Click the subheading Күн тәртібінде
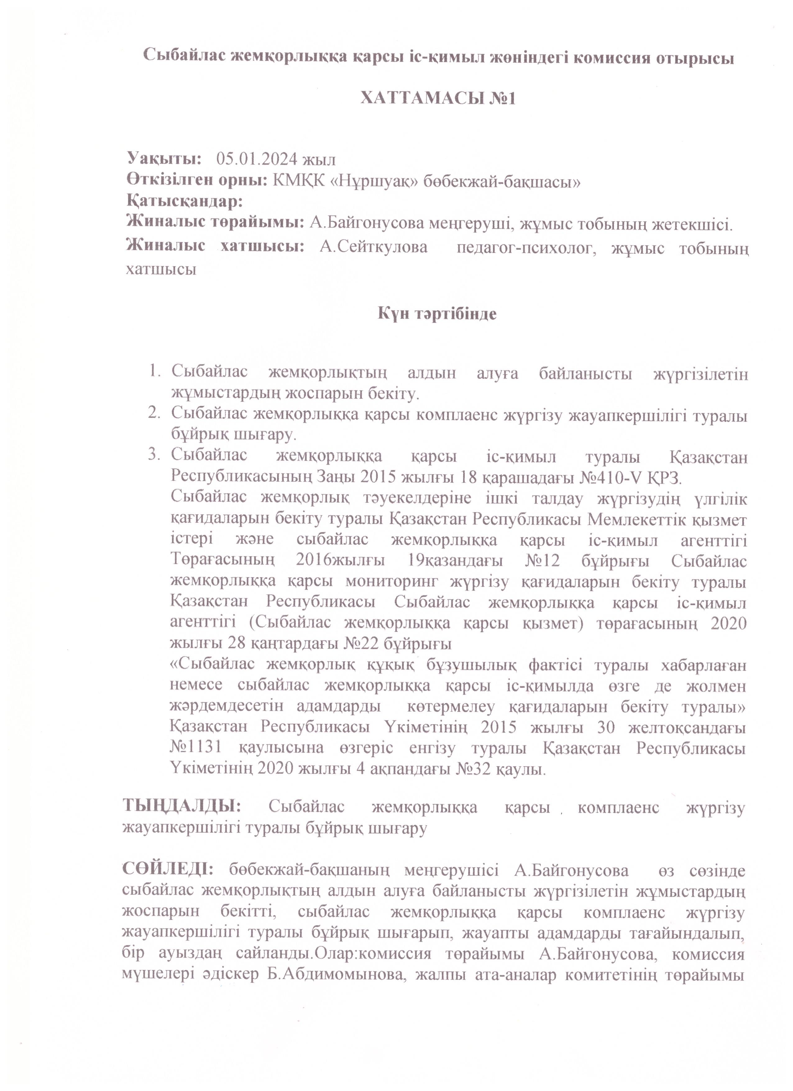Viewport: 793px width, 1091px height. point(437,314)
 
